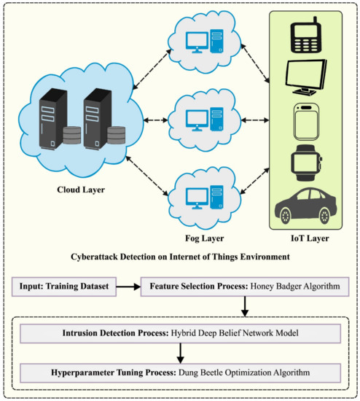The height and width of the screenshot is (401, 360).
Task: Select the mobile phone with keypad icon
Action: [308, 32]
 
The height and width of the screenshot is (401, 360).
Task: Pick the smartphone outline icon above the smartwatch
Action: [308, 120]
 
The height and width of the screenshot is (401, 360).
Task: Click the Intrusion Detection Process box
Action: [179, 333]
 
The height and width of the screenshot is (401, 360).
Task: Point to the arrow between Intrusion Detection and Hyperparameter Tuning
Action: [179, 353]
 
